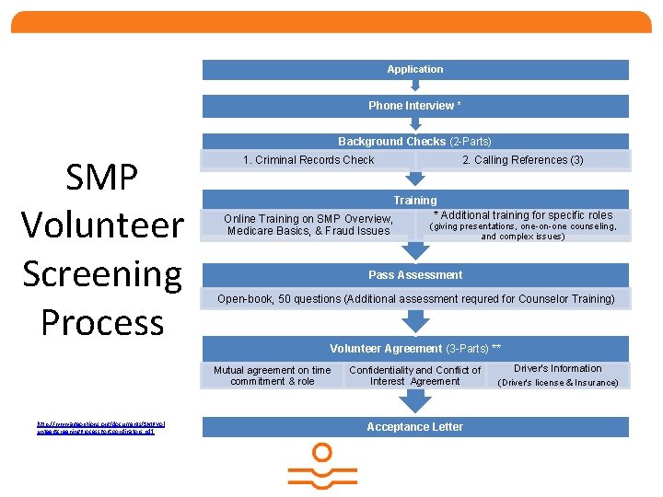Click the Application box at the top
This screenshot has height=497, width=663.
415,69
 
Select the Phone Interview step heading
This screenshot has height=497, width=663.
415,106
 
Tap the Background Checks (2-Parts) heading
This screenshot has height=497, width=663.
415,142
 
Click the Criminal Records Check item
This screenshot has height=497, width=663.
308,160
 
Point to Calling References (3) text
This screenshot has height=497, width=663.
523,160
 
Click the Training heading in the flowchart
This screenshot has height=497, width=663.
415,201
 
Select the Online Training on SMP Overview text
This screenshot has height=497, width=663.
308,225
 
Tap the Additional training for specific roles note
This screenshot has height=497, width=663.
523,215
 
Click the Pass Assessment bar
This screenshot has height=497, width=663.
415,275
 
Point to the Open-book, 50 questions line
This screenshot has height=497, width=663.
415,299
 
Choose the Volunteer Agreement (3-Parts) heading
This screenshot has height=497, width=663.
415,349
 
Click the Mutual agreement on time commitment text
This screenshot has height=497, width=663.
273,376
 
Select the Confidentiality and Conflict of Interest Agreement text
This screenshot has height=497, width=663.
415,376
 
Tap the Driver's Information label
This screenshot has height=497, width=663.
558,369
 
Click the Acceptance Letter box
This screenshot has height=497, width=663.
415,427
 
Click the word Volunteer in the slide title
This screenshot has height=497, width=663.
102,225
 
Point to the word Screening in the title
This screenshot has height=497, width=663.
102,273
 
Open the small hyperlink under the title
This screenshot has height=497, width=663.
100,427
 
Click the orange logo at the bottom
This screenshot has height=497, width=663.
322,467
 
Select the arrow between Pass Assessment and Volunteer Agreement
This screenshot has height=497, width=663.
416,321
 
